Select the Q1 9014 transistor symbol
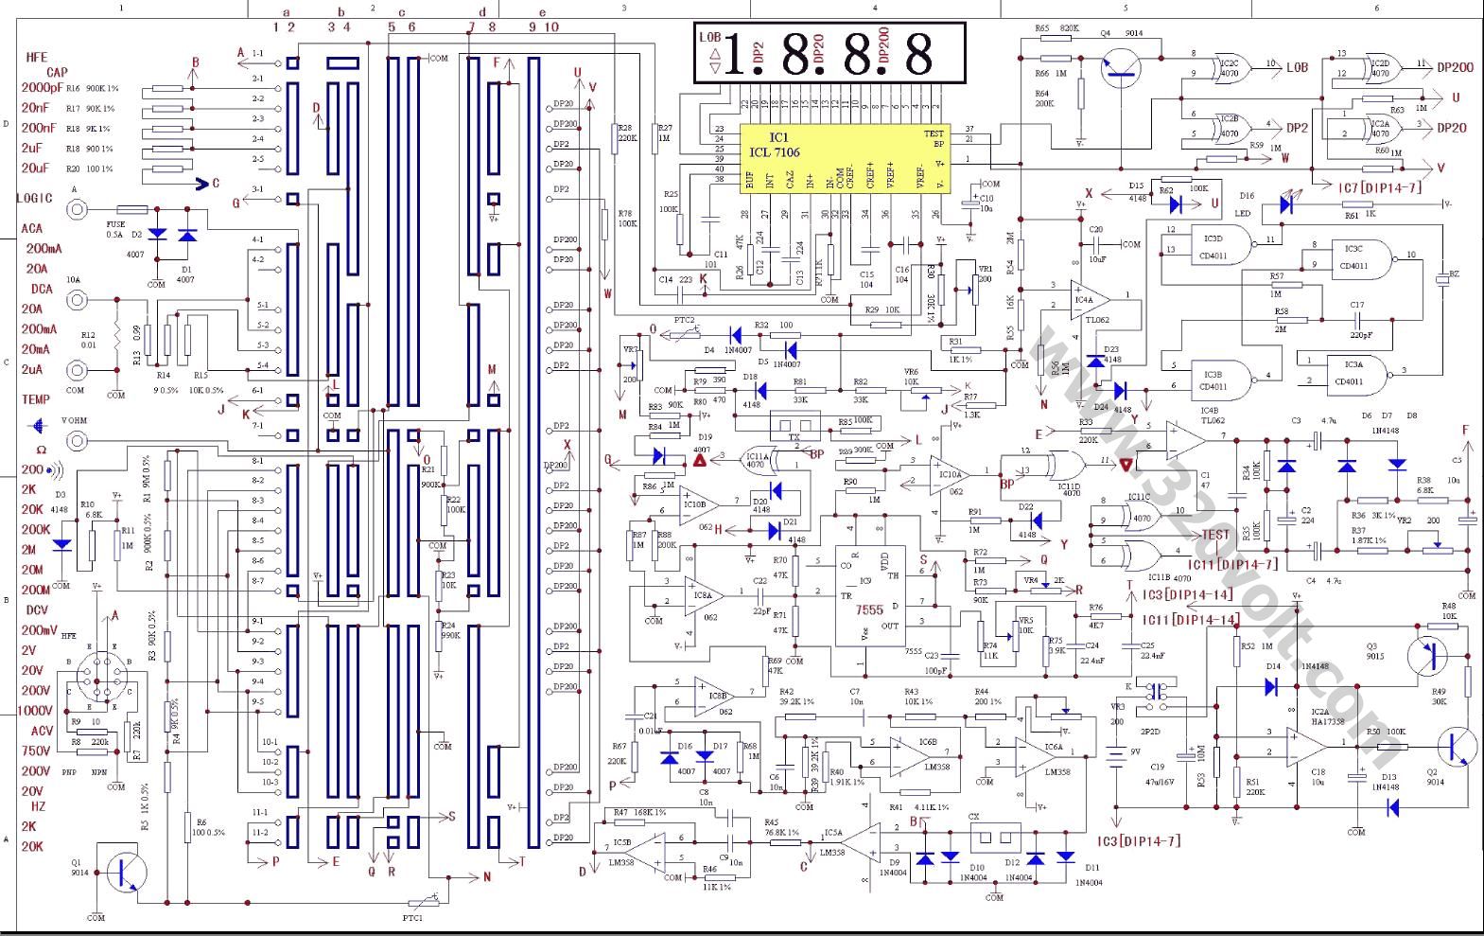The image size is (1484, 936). tap(124, 872)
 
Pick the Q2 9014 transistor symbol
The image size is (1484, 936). tap(1457, 745)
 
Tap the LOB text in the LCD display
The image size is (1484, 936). tap(709, 37)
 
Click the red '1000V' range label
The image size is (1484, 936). tap(36, 711)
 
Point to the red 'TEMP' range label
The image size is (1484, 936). tap(36, 400)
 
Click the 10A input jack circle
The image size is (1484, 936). tap(76, 300)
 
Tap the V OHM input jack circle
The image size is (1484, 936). tap(76, 440)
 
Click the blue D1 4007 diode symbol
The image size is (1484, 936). tap(187, 234)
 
